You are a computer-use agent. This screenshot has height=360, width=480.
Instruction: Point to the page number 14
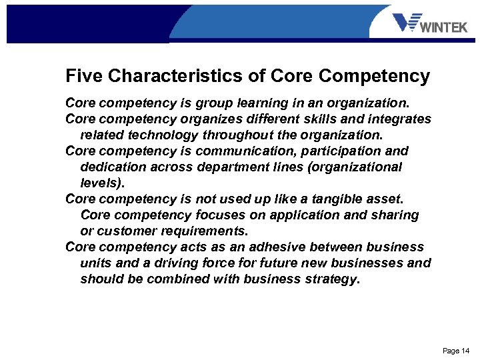[456, 351]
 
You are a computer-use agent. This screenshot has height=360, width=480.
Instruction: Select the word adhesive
[287, 247]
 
